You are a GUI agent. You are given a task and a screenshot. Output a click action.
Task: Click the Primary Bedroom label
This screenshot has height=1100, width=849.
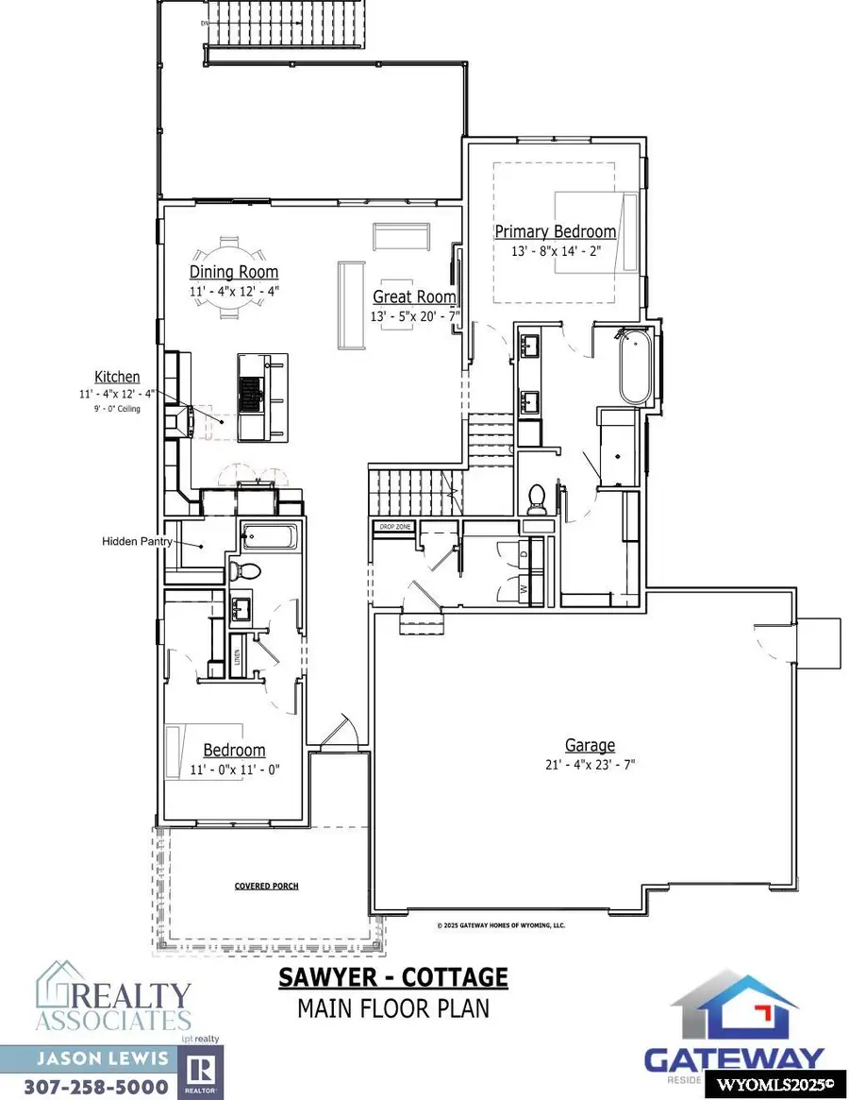[x=556, y=231]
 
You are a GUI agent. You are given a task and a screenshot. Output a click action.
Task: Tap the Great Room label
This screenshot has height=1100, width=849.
[x=414, y=296]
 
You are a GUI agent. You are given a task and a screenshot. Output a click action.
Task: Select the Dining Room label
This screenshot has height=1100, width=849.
[x=234, y=273]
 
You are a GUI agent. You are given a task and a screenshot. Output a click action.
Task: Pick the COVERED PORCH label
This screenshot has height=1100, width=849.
[x=260, y=887]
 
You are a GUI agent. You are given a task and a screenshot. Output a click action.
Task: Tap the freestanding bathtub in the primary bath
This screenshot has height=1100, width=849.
[x=635, y=367]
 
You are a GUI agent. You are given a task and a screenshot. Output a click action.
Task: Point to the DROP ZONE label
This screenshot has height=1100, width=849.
[x=392, y=527]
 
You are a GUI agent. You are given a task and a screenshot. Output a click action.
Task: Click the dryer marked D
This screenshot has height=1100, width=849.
[x=524, y=555]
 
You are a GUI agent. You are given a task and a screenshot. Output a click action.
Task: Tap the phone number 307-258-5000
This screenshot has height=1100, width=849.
[x=92, y=1087]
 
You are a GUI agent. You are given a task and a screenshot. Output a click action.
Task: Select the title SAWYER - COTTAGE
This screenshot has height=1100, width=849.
[x=392, y=977]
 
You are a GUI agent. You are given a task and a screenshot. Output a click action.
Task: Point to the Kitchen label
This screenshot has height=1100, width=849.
[x=117, y=377]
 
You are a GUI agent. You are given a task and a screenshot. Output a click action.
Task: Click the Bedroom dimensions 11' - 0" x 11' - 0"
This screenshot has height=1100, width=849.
[x=234, y=769]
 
